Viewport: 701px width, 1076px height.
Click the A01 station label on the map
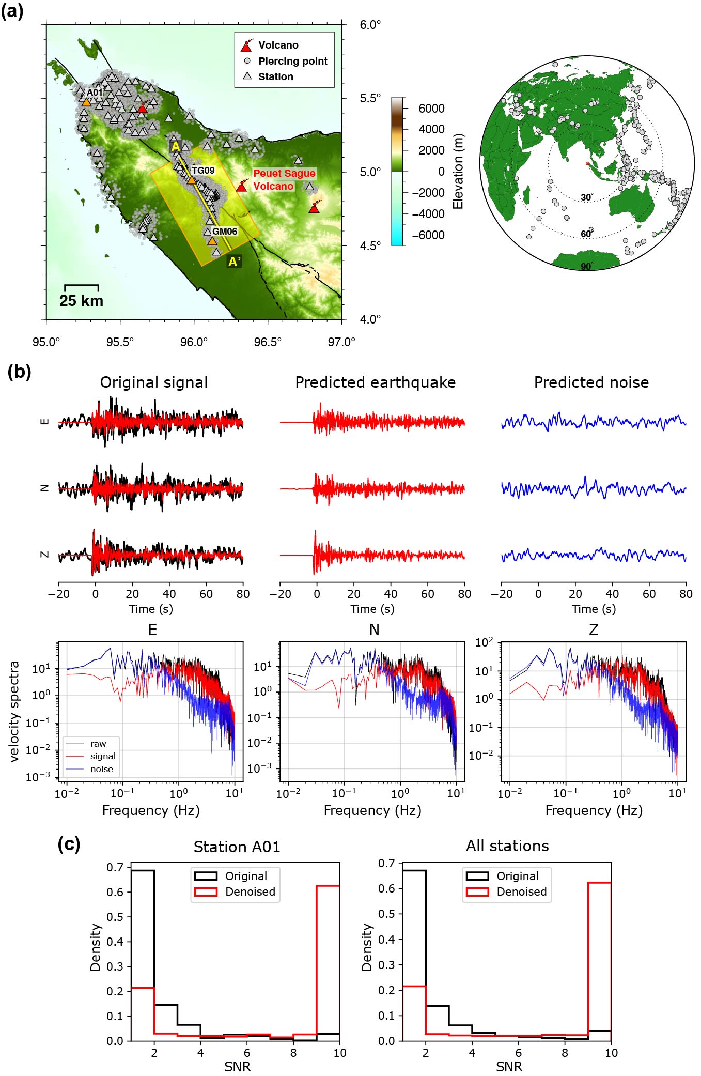click(95, 92)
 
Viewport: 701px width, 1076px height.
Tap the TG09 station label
click(202, 170)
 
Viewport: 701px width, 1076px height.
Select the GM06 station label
click(225, 231)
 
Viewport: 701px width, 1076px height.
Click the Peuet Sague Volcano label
click(284, 179)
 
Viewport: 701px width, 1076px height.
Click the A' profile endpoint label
click(235, 262)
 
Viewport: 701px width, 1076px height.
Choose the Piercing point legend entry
click(292, 61)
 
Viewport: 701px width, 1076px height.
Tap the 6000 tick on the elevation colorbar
click(431, 108)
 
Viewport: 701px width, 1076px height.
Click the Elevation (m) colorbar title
click(458, 172)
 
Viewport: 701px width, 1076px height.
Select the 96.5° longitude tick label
click(268, 342)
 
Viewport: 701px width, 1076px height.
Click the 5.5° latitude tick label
click(370, 98)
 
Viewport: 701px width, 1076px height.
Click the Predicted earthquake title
click(375, 382)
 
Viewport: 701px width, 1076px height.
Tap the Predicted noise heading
click(591, 382)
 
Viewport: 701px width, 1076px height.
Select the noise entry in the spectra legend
click(101, 769)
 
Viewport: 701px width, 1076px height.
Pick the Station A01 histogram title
click(237, 847)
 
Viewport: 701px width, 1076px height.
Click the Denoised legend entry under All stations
click(521, 891)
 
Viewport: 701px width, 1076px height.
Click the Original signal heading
click(154, 382)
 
